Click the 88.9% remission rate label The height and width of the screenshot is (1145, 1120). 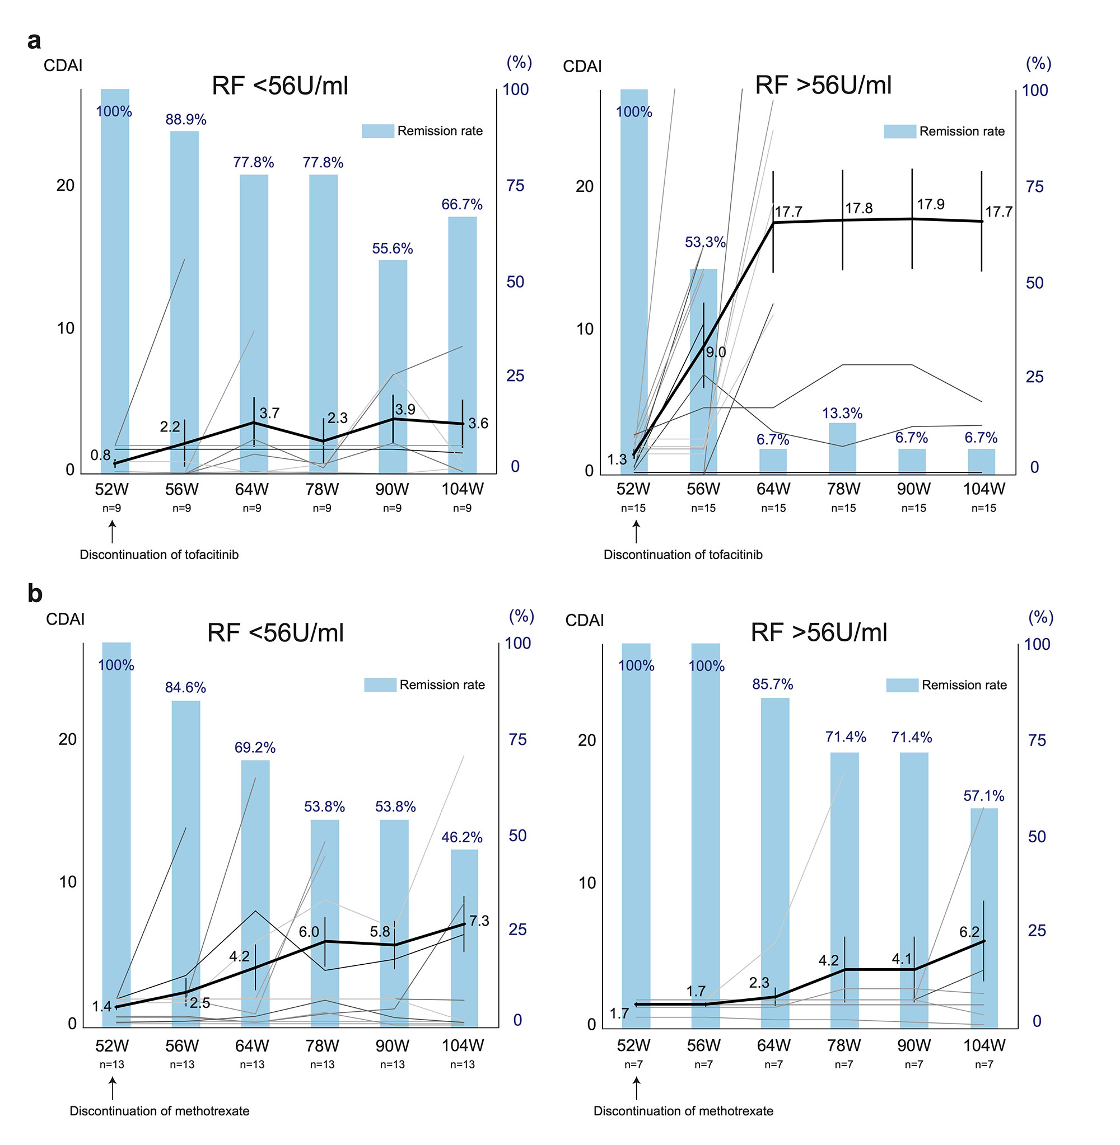point(185,119)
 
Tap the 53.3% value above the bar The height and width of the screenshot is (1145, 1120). point(704,242)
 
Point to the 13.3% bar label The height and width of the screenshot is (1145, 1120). point(842,413)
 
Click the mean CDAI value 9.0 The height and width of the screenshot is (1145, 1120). point(716,352)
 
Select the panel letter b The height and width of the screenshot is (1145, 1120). point(35,594)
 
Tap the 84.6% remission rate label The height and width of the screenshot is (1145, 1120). point(185,687)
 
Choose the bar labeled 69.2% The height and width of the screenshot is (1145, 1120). point(255,893)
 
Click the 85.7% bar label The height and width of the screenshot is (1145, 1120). point(772,684)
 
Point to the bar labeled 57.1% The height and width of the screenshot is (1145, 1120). point(983,917)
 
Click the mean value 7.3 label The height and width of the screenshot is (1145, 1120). point(479,921)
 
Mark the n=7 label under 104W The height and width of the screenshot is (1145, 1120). point(983,1064)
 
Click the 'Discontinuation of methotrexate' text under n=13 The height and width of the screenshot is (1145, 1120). point(160,1111)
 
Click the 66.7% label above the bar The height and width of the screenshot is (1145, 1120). point(462,205)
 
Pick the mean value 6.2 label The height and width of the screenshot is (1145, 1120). point(969,932)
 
